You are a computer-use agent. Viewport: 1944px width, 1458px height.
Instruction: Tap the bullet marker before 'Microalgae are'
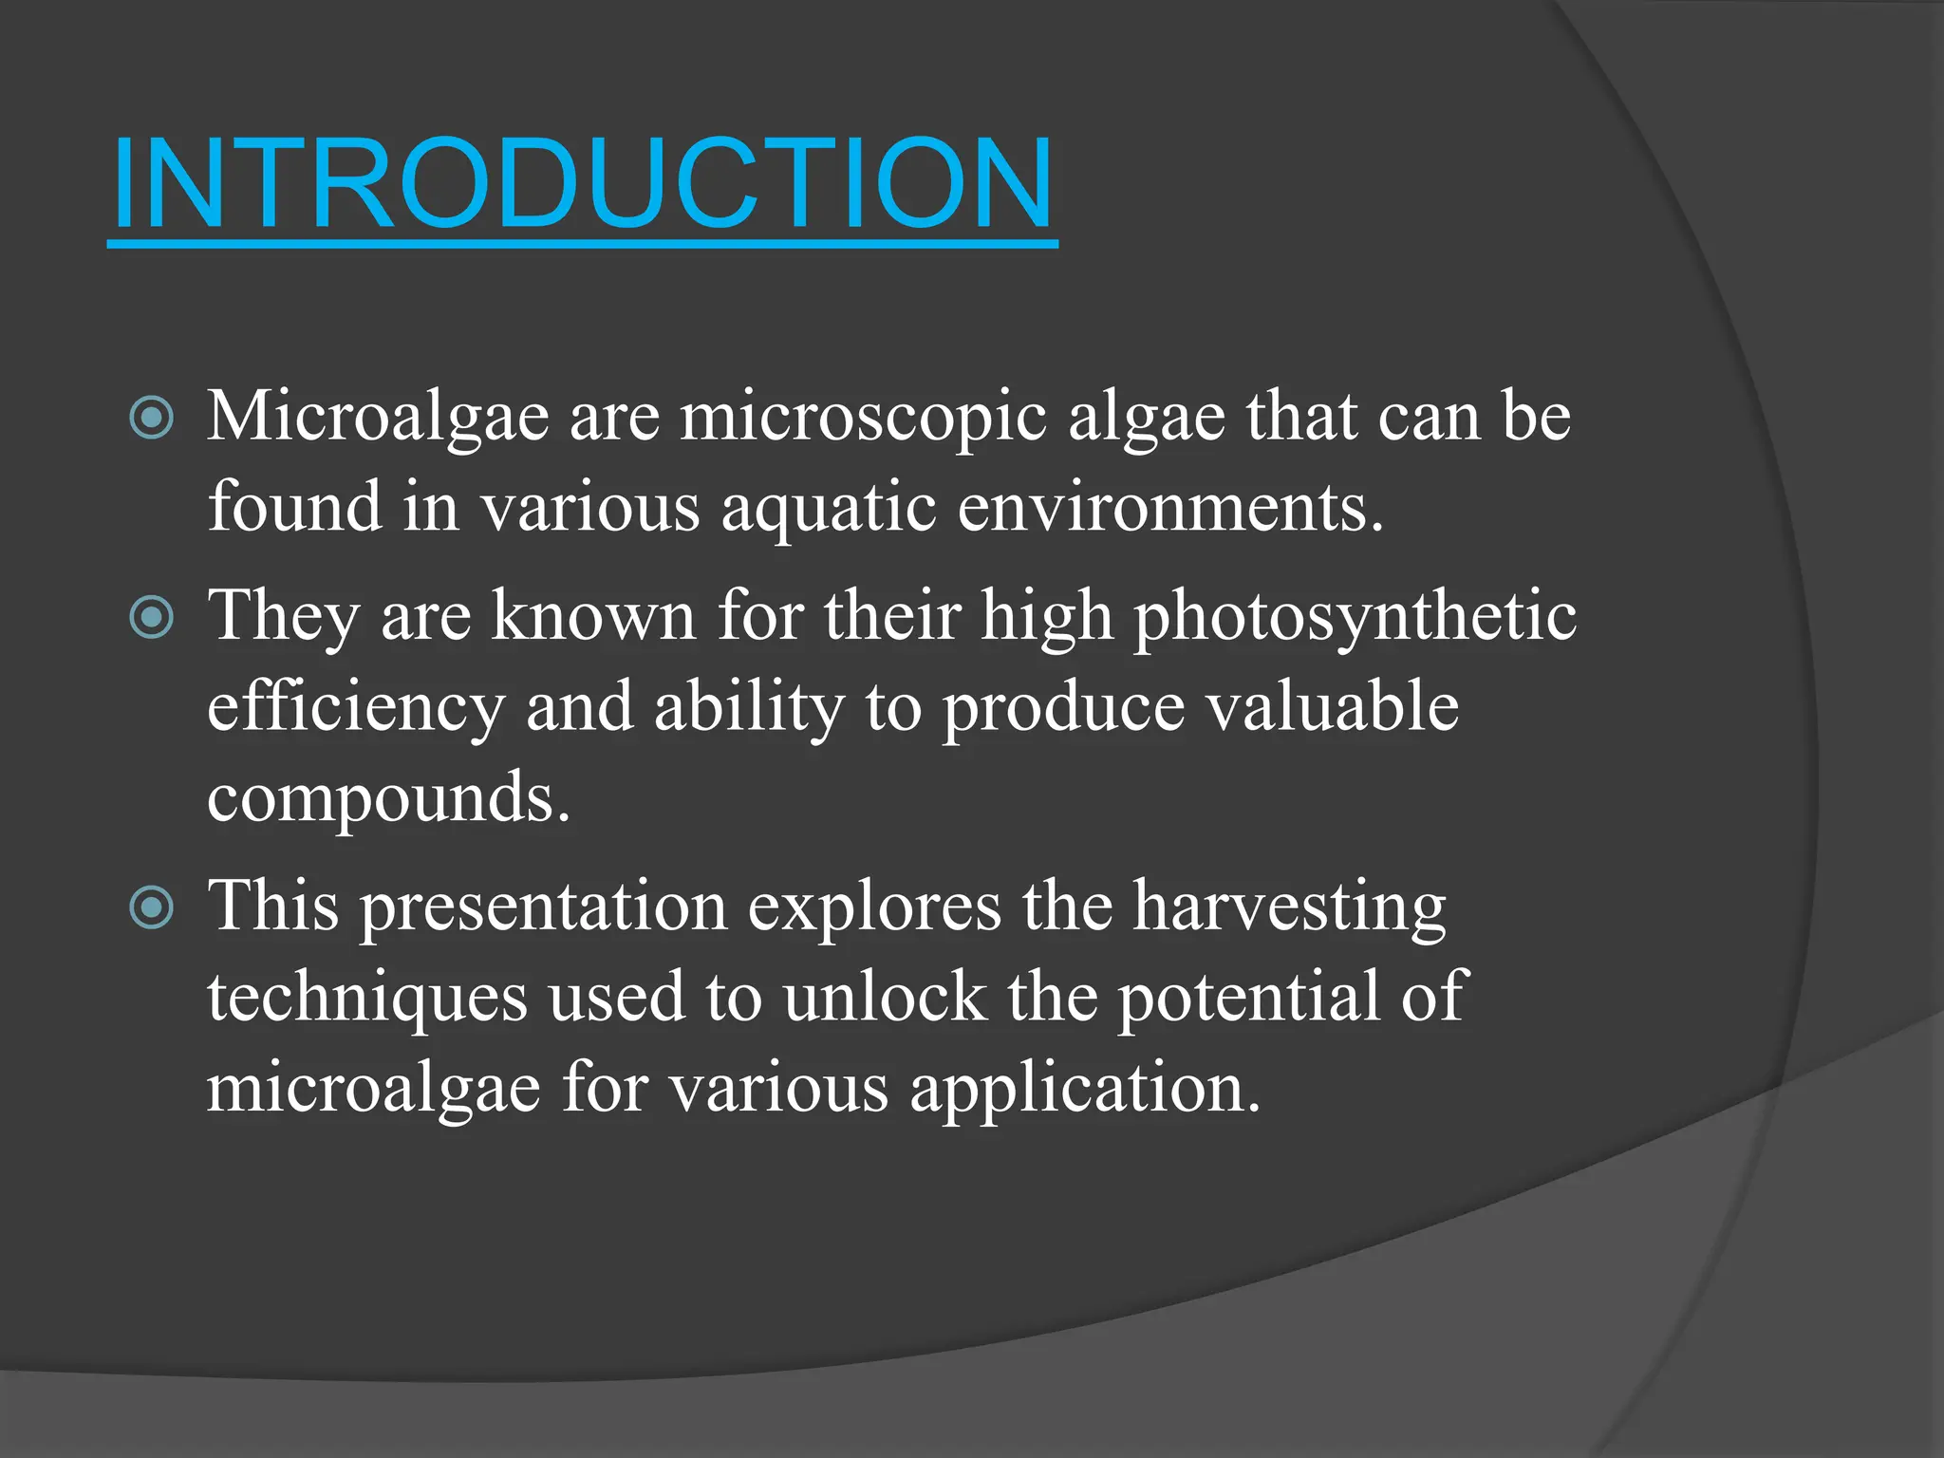152,418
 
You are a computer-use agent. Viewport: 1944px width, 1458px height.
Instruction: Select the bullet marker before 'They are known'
152,618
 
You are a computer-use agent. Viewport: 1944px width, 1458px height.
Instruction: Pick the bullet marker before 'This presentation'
152,907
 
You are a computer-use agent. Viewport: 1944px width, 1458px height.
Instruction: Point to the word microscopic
863,418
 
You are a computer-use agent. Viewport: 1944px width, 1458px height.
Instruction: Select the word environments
1169,507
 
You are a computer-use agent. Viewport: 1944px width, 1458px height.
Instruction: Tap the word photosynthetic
1355,618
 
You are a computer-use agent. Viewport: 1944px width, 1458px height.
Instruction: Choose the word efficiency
356,708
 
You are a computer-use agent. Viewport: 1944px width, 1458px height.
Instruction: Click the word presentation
543,907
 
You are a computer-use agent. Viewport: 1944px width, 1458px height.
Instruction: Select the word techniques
367,998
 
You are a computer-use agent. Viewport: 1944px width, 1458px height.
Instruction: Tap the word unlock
885,998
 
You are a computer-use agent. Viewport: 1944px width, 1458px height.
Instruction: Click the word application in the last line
1085,1088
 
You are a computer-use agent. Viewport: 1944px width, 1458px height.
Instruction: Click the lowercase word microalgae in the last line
374,1088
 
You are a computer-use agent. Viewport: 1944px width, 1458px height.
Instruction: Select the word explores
874,907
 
